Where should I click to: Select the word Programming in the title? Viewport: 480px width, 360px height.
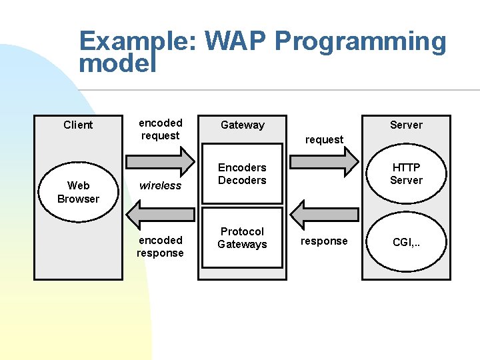coord(360,42)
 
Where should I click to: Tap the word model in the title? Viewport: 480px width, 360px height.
coord(117,64)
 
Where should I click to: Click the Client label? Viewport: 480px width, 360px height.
coord(78,125)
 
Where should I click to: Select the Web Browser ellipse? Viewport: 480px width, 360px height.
coord(78,192)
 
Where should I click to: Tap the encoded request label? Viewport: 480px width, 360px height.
coord(160,129)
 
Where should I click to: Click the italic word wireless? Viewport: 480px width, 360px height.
coord(160,186)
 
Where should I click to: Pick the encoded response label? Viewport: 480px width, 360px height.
coord(160,246)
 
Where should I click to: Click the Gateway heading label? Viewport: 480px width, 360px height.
coord(242,125)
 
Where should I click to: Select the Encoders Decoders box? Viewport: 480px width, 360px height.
coord(242,174)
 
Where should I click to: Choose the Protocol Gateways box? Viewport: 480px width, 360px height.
coord(242,238)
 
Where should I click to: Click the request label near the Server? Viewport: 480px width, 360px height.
coord(324,140)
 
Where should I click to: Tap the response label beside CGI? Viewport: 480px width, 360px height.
coord(324,241)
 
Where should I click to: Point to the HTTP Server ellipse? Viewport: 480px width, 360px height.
coord(406,174)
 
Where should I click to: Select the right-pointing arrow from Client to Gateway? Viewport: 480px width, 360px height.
coord(160,161)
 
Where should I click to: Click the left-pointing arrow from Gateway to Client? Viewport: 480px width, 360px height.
coord(160,214)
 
